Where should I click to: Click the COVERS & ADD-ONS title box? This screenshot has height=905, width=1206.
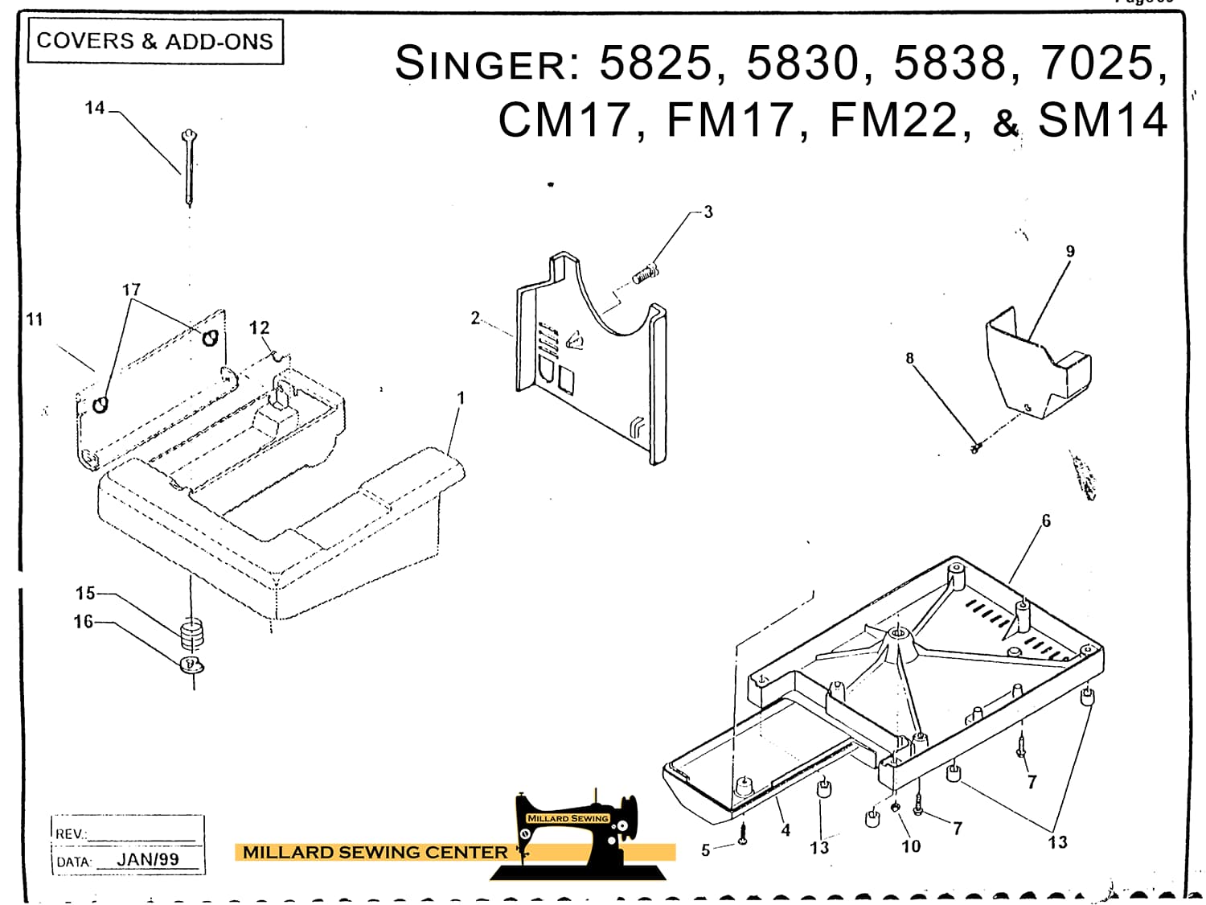[155, 41]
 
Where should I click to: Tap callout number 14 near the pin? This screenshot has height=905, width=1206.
[95, 108]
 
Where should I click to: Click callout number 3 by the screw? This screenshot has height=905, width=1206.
[708, 212]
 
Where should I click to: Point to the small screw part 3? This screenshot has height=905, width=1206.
[645, 276]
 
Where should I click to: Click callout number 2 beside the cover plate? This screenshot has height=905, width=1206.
[475, 319]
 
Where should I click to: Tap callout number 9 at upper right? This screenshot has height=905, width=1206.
[1070, 252]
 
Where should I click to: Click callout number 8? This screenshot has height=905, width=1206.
[909, 359]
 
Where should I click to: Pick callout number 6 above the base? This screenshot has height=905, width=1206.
[1046, 521]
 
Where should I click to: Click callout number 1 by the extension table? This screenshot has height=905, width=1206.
[461, 398]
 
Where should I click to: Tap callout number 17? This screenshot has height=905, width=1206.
[131, 290]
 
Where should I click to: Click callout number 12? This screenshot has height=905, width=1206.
[259, 328]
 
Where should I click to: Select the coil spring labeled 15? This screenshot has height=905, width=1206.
[191, 632]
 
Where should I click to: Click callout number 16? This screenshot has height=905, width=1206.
[84, 622]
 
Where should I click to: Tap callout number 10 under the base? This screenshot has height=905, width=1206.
[911, 846]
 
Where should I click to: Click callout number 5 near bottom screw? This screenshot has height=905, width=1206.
[705, 850]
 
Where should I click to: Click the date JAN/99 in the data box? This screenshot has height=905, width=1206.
[148, 860]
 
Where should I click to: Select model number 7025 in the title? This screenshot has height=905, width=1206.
[1103, 63]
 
